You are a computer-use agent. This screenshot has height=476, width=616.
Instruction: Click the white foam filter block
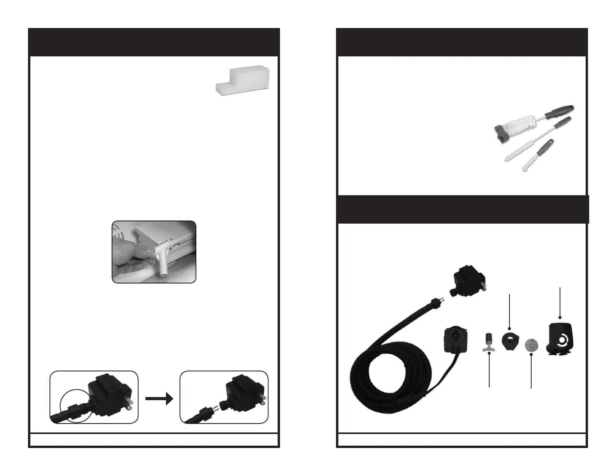(242, 79)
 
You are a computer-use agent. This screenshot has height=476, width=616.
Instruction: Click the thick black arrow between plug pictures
(159, 398)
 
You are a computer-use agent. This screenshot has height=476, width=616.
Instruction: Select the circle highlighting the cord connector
(77, 406)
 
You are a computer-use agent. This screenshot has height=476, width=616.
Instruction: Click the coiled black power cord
(389, 373)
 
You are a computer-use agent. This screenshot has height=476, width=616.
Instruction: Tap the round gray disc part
(530, 345)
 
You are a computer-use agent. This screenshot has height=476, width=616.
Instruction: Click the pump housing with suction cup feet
(561, 339)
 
